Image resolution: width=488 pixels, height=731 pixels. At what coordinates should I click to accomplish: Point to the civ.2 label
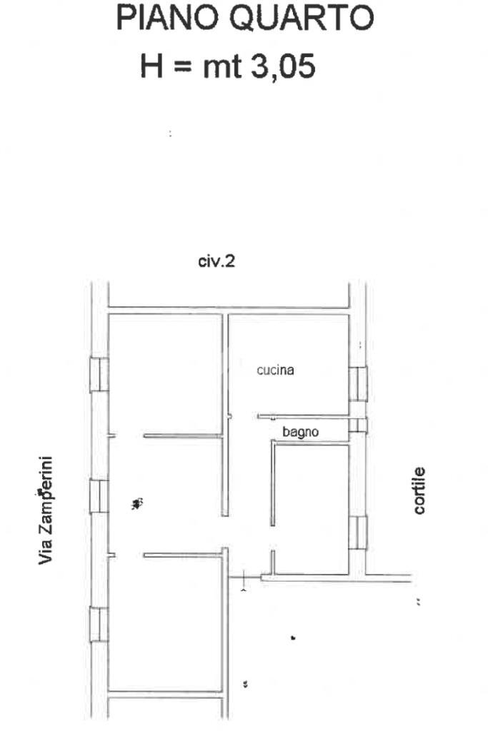pos(216,262)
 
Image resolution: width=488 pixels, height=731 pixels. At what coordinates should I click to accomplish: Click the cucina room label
pos(276,370)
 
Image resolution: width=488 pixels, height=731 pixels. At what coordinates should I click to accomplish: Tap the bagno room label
pos(300,431)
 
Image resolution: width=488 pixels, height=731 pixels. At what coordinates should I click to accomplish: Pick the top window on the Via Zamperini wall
pos(99,375)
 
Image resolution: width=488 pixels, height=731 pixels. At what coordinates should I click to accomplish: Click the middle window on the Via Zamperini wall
pos(99,496)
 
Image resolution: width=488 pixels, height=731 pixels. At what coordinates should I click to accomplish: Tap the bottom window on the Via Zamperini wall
pos(99,624)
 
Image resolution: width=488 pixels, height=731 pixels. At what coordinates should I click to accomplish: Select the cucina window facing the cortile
pos(357,384)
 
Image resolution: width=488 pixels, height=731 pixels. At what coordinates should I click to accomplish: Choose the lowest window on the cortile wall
pos(357,533)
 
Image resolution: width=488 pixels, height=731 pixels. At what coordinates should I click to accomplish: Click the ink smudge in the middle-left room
pos(138,504)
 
